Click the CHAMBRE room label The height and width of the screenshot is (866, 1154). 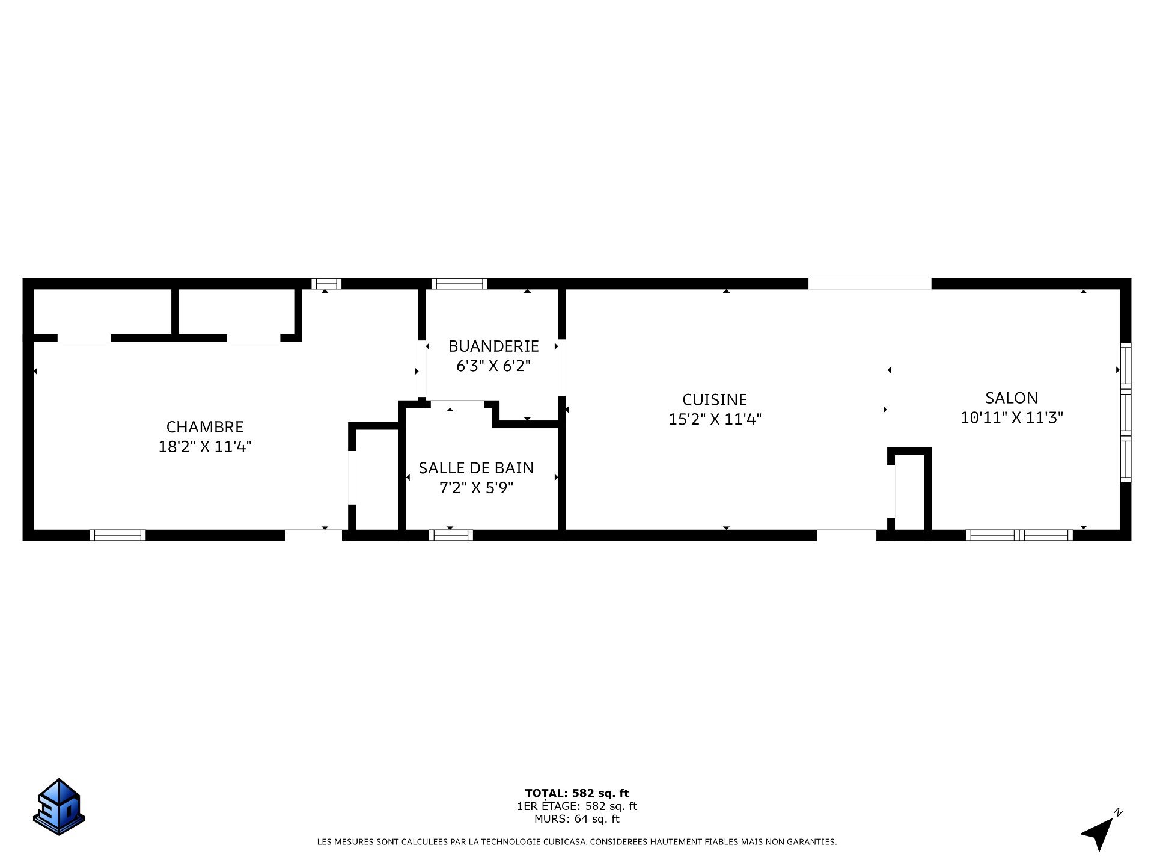point(205,427)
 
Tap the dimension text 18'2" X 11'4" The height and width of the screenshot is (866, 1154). point(205,447)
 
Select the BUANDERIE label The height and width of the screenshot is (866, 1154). point(493,346)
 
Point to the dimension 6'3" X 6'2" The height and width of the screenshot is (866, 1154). point(493,366)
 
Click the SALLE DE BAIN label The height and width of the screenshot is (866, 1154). point(477,468)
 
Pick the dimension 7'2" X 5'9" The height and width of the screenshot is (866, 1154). point(477,488)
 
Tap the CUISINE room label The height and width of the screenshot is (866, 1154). point(715,399)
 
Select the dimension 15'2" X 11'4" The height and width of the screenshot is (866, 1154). point(715,419)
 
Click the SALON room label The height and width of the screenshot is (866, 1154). point(1012,398)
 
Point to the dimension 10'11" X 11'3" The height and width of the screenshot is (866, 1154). point(1012,417)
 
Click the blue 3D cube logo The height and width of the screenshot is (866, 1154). point(59,806)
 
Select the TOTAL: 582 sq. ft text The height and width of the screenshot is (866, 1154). point(577,793)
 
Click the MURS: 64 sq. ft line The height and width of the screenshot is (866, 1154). point(577,819)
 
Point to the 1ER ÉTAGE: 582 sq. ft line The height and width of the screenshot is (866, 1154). point(577,806)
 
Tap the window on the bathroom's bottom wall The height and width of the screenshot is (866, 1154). point(451,535)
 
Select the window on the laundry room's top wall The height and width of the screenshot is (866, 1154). point(459,284)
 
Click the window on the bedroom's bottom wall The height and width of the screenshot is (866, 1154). point(118,535)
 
